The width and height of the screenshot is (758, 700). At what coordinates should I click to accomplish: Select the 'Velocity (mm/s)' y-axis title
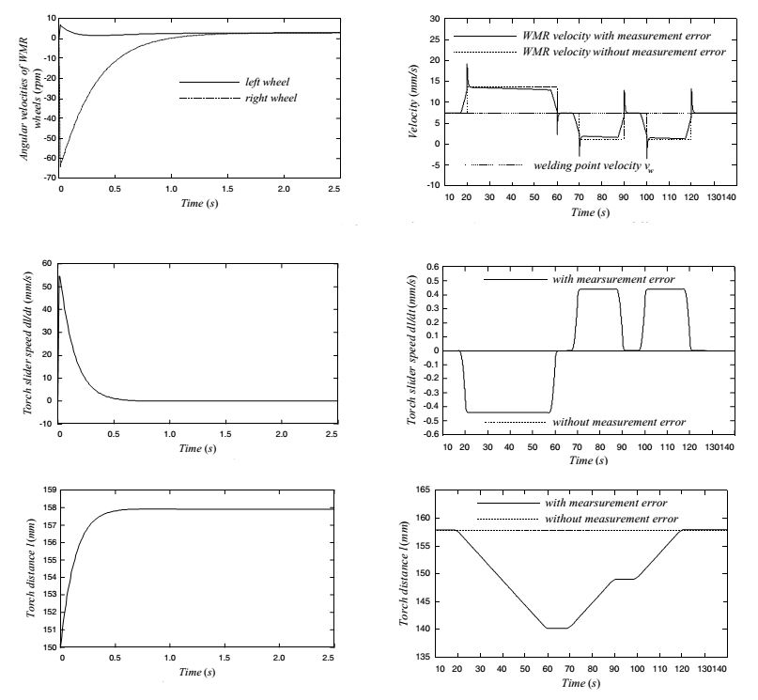click(x=415, y=101)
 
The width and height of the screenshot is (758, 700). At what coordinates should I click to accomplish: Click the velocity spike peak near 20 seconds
click(x=467, y=64)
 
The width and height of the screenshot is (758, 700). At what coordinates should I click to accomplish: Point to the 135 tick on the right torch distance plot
click(x=431, y=656)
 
